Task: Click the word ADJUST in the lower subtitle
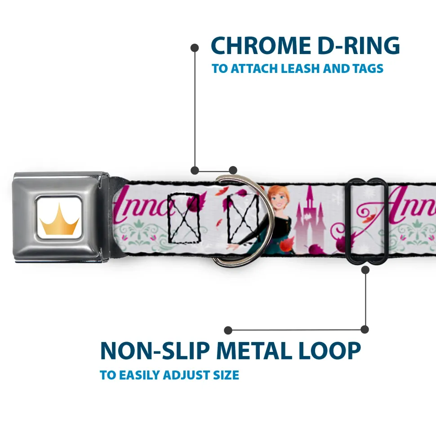tap(186, 375)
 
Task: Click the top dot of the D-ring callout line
tap(195, 47)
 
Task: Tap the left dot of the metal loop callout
tap(228, 330)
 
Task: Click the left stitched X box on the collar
tap(183, 217)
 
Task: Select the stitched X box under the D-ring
tap(243, 218)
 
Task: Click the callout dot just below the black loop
tap(365, 270)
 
